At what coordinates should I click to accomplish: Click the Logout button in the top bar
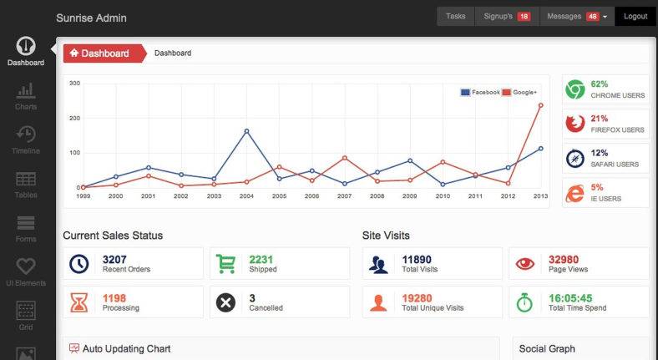click(635, 16)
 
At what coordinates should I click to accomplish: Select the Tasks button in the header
click(455, 16)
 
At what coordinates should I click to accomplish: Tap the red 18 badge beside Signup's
click(524, 17)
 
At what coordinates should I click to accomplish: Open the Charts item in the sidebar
click(26, 95)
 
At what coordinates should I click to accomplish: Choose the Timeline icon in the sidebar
click(26, 134)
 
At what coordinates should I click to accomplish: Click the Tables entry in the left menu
click(26, 184)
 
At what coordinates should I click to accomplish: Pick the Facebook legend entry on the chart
click(480, 92)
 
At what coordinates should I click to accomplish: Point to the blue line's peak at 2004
click(246, 131)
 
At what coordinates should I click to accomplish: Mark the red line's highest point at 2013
click(540, 105)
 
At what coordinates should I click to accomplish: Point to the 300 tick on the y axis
click(74, 84)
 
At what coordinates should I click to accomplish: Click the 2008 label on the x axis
click(377, 195)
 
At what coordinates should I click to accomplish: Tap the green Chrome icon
click(574, 89)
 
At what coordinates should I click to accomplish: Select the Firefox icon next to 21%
click(574, 124)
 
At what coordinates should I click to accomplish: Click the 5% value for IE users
click(597, 187)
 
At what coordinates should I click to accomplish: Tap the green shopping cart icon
click(225, 264)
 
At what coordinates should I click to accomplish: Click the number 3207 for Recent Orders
click(114, 260)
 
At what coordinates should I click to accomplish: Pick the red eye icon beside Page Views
click(525, 264)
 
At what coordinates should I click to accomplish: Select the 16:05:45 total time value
click(570, 298)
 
